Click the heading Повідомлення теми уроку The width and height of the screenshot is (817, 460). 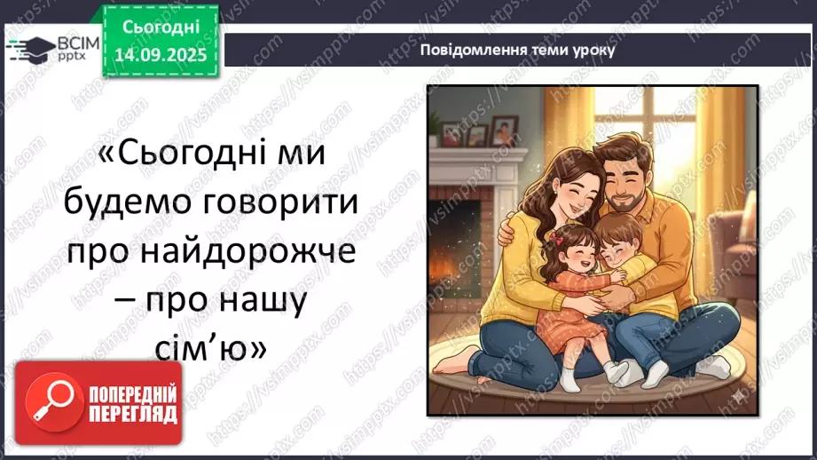(518, 50)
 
